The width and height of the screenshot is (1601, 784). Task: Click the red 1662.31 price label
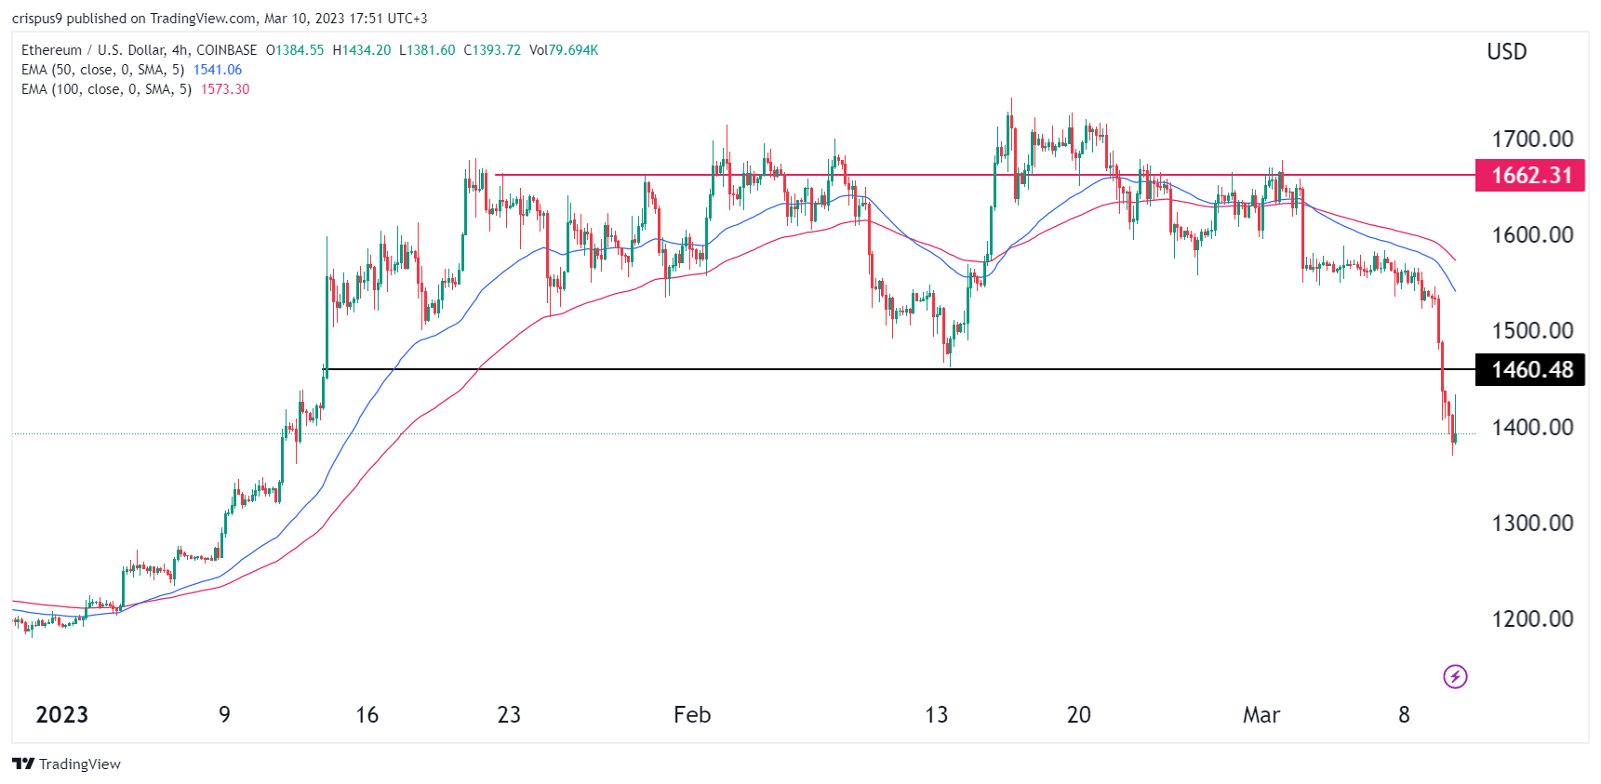coord(1530,176)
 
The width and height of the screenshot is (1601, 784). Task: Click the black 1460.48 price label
coord(1530,370)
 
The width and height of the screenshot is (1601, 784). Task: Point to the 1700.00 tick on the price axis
coord(1532,140)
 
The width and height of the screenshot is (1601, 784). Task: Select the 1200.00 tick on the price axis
coord(1532,619)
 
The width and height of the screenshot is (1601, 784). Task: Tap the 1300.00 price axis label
coord(1532,524)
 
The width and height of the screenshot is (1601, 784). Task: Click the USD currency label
coord(1506,52)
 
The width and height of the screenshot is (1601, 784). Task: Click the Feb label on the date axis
coord(691,715)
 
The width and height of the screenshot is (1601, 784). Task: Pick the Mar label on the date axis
coord(1261,715)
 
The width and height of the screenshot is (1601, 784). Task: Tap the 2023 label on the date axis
coord(61,715)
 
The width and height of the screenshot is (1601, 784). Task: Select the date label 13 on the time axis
coord(936,715)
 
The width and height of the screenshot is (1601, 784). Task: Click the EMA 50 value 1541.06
coord(218,70)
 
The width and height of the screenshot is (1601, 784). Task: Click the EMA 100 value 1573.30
coord(225,89)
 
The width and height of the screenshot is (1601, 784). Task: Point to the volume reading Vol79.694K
coord(564,50)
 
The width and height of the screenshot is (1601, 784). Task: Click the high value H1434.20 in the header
coord(362,50)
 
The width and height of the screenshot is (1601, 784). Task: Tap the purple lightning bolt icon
coord(1455,676)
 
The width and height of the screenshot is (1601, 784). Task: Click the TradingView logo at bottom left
coord(66,764)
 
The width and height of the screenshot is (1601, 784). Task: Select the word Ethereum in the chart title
coord(51,50)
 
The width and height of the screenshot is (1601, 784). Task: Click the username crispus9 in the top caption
coord(37,19)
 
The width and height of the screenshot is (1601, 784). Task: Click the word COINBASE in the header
coord(227,50)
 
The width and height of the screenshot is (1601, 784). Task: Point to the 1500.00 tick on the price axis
coord(1532,331)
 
